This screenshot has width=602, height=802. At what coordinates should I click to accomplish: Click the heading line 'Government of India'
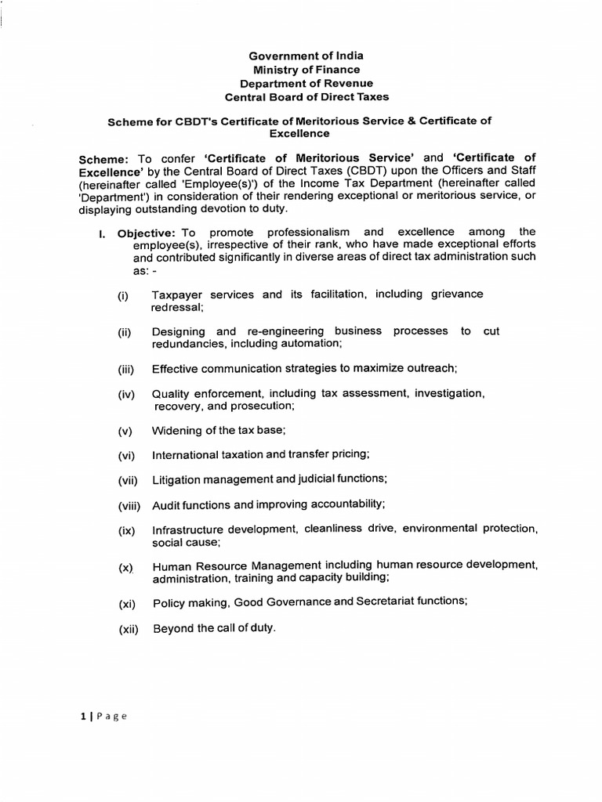tap(306, 56)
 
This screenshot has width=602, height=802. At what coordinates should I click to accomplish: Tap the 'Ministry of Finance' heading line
tap(306, 70)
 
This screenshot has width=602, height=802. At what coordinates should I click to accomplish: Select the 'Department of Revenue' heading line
tap(306, 84)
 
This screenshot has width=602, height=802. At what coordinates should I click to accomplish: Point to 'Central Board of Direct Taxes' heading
tap(306, 98)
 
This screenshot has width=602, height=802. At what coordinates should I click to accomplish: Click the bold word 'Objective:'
tap(146, 233)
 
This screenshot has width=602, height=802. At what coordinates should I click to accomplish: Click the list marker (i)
tap(123, 295)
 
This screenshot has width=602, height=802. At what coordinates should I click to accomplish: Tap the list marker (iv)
tap(126, 395)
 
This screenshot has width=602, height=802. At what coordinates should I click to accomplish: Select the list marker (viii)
tap(129, 505)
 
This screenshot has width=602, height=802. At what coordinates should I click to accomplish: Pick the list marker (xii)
tap(128, 629)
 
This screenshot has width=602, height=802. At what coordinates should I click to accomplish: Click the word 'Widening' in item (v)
tap(176, 432)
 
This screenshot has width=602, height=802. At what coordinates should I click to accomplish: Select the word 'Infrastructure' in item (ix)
tap(187, 530)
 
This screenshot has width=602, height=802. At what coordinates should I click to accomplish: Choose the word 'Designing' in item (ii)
tap(179, 332)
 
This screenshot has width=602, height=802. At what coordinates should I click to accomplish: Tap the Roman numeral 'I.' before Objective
tap(101, 233)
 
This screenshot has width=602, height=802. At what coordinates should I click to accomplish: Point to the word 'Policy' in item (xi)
tap(168, 602)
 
